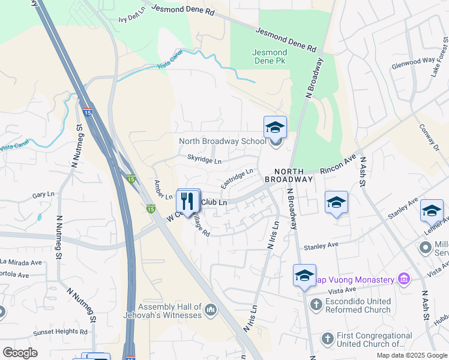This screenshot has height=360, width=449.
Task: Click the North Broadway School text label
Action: (222, 142)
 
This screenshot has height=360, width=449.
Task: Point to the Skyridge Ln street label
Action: (204, 161)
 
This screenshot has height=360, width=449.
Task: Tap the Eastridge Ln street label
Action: (237, 178)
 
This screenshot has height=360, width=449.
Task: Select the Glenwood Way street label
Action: (412, 61)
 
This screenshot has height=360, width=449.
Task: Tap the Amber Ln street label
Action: (163, 190)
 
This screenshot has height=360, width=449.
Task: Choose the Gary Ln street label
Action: (43, 196)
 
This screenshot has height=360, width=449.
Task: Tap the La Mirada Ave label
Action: (21, 262)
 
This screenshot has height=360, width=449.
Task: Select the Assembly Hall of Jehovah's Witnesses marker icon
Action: (210, 310)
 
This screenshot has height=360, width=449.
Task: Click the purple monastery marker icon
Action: (404, 279)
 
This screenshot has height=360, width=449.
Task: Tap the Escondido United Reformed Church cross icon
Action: (316, 305)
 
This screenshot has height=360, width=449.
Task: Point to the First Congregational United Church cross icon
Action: (327, 338)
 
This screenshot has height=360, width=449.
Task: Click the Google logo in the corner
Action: (20, 353)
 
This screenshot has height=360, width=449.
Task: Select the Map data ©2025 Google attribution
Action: (411, 355)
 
